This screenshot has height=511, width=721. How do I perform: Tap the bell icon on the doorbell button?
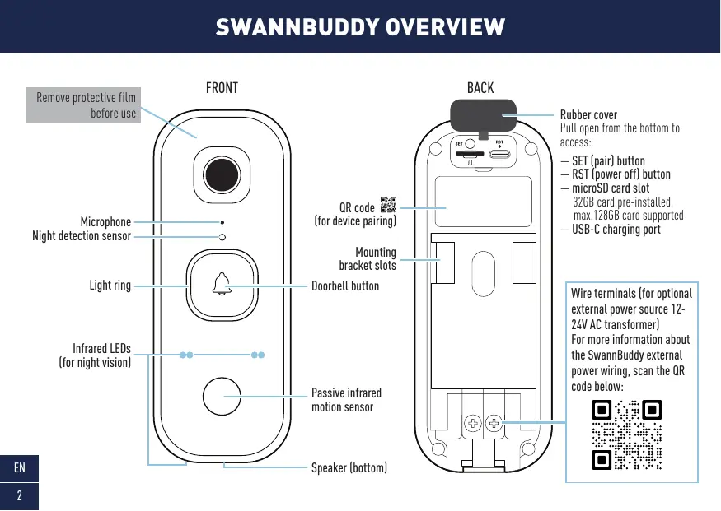[221, 285]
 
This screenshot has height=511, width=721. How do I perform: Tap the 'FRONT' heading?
[222, 87]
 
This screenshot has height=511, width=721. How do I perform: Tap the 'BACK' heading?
[480, 87]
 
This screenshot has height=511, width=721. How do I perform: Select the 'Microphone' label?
[105, 222]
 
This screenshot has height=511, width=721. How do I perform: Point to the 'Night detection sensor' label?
[82, 236]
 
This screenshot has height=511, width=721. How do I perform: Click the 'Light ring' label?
[110, 286]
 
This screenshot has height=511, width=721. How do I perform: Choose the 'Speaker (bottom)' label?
[349, 468]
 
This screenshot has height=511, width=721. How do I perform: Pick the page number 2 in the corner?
[19, 495]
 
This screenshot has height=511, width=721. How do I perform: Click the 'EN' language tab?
[19, 468]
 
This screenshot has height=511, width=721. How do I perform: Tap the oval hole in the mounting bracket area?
[480, 267]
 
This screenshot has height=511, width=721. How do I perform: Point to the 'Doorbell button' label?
[345, 286]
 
